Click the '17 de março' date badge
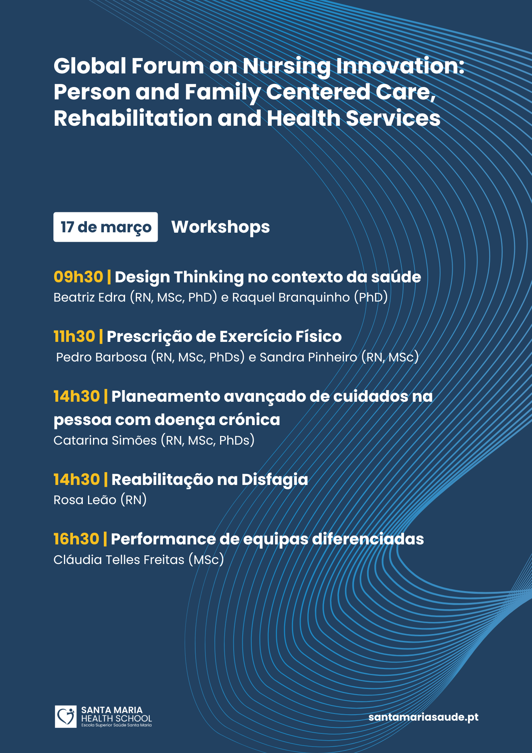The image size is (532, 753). (x=105, y=227)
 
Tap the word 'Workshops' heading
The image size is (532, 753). (x=220, y=227)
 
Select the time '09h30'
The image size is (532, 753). (x=78, y=277)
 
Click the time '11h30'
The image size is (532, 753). (x=74, y=336)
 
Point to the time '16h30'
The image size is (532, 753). (x=76, y=539)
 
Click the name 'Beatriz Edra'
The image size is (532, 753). (x=90, y=297)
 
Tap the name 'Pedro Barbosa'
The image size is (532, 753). (x=101, y=357)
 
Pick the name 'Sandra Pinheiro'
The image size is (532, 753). (x=309, y=357)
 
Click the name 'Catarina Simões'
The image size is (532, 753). (x=105, y=440)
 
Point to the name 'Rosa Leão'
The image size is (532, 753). (x=85, y=500)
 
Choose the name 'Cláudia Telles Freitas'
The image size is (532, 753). (x=119, y=559)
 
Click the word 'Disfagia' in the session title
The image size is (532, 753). (x=275, y=480)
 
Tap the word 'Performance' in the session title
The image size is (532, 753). (x=163, y=539)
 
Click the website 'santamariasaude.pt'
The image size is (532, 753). (x=424, y=717)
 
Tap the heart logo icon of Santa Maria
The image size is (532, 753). (x=65, y=716)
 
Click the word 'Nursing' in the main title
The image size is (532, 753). (x=286, y=66)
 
